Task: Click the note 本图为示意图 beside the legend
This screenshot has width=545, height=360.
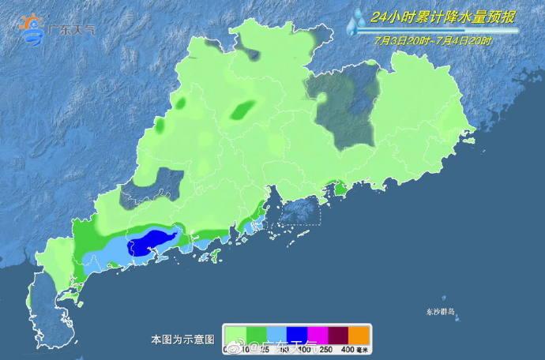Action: (x=182, y=339)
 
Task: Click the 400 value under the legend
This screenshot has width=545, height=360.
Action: (x=346, y=349)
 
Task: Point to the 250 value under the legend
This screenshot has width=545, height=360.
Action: (x=326, y=349)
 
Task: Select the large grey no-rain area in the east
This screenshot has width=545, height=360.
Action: (x=345, y=107)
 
